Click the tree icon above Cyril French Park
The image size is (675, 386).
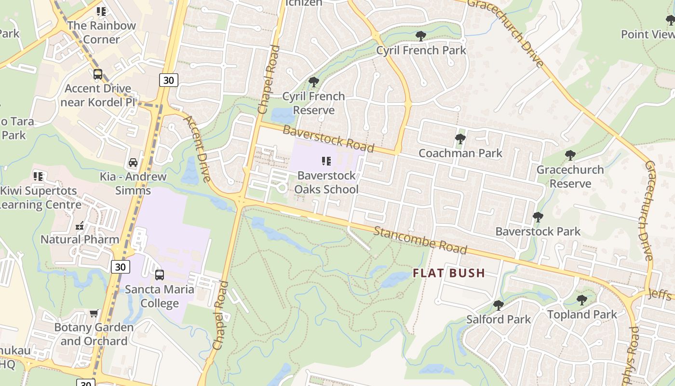coord(420,36)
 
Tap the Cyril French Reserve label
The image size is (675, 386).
coord(313,103)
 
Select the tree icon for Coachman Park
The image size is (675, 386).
coord(460,139)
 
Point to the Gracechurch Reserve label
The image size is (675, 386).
coord(570,177)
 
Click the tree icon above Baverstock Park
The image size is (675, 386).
coord(538,217)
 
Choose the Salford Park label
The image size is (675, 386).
coord(498,319)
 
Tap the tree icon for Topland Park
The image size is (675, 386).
coord(581,300)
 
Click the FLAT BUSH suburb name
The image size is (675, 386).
coord(448,273)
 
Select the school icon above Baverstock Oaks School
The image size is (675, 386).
coord(326,161)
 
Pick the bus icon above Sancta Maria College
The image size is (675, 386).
coord(159,275)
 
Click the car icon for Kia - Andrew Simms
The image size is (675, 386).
coord(133,162)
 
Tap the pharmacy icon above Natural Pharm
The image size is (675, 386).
coord(80,225)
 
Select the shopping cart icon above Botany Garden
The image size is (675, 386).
coord(94,313)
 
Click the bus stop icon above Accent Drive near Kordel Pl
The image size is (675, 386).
coord(97,74)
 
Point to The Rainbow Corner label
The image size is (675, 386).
coord(101,32)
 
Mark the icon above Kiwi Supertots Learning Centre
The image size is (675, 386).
coord(38,177)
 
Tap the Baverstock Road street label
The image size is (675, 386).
coord(328,138)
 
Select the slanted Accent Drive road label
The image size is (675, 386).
coord(197,149)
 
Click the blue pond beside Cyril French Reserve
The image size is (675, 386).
coord(282,115)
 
